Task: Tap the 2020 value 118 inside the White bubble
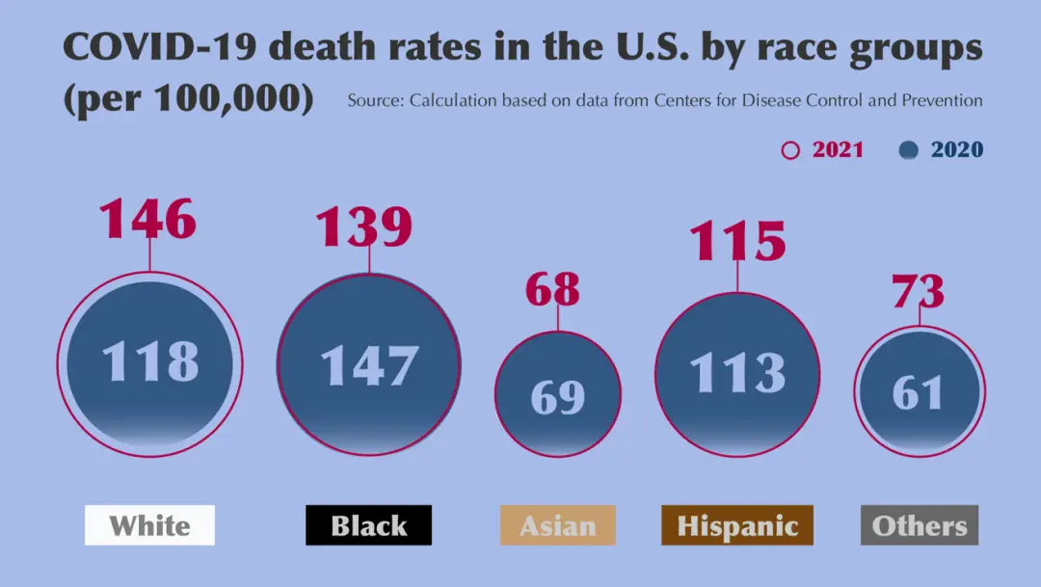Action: [x=150, y=361]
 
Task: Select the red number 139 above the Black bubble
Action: [x=364, y=227]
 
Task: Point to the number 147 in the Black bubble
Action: [x=369, y=366]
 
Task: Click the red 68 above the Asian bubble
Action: [x=552, y=289]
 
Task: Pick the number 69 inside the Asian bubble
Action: [x=558, y=397]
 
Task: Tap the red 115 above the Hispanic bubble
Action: [x=737, y=241]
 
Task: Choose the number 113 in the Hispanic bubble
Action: [x=737, y=373]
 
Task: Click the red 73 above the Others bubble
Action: [x=918, y=291]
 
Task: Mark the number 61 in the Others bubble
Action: [x=918, y=392]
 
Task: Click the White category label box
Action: [x=149, y=525]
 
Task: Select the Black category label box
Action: [x=368, y=525]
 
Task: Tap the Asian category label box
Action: [x=557, y=525]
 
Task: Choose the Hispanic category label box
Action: [x=737, y=525]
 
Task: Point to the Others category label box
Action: [x=919, y=525]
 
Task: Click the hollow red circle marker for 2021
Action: [x=790, y=150]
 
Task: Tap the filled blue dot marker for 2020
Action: [x=908, y=150]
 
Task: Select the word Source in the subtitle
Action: [x=374, y=100]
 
